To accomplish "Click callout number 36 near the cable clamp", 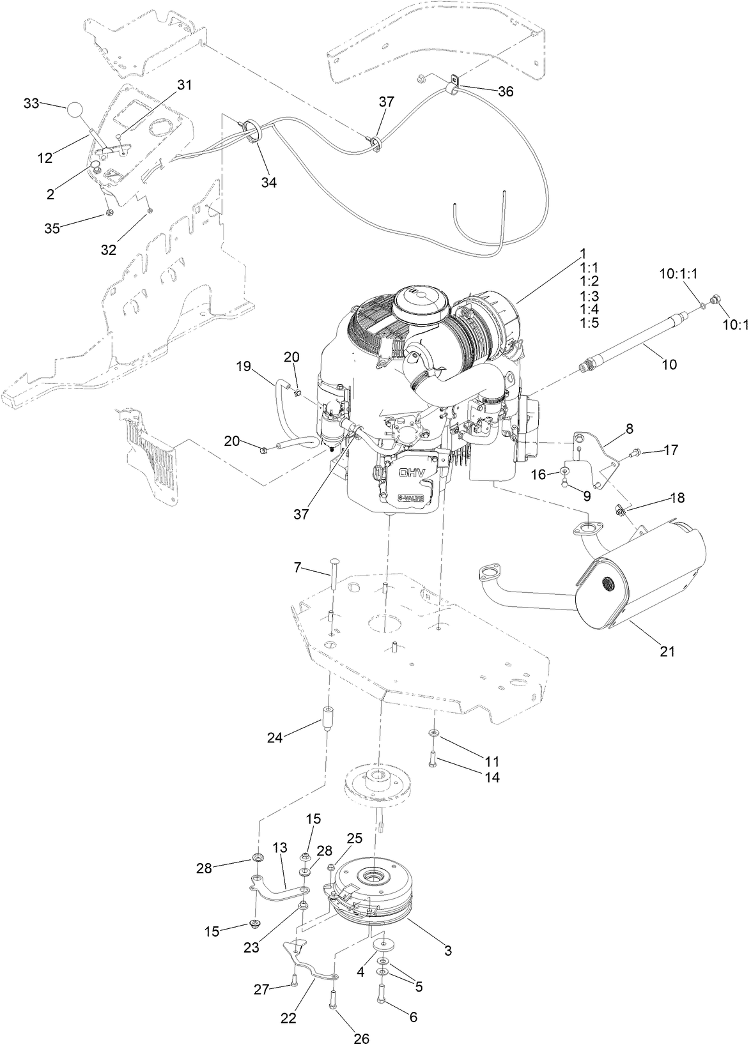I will point(506,91).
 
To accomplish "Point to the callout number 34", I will point(269,182).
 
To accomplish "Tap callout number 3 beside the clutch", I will point(448,950).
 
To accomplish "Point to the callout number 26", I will point(361,1038).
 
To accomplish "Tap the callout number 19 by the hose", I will point(244,367).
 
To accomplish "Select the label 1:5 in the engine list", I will point(589,323).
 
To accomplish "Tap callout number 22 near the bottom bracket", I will point(289,1018).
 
